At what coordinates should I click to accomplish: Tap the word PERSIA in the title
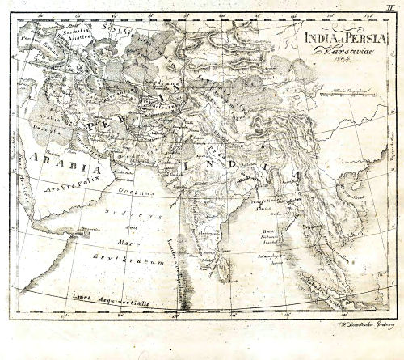click(351, 36)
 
